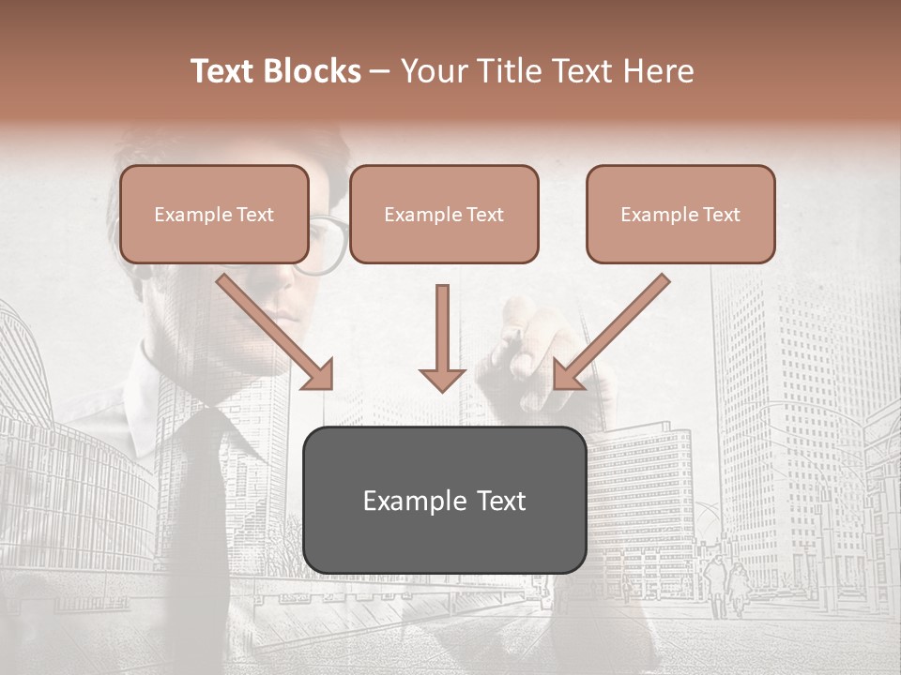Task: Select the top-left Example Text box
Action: coord(214,214)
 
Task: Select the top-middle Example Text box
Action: coord(444,214)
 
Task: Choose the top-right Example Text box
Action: coord(680,214)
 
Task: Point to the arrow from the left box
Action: coord(272,330)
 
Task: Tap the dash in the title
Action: coord(380,71)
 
